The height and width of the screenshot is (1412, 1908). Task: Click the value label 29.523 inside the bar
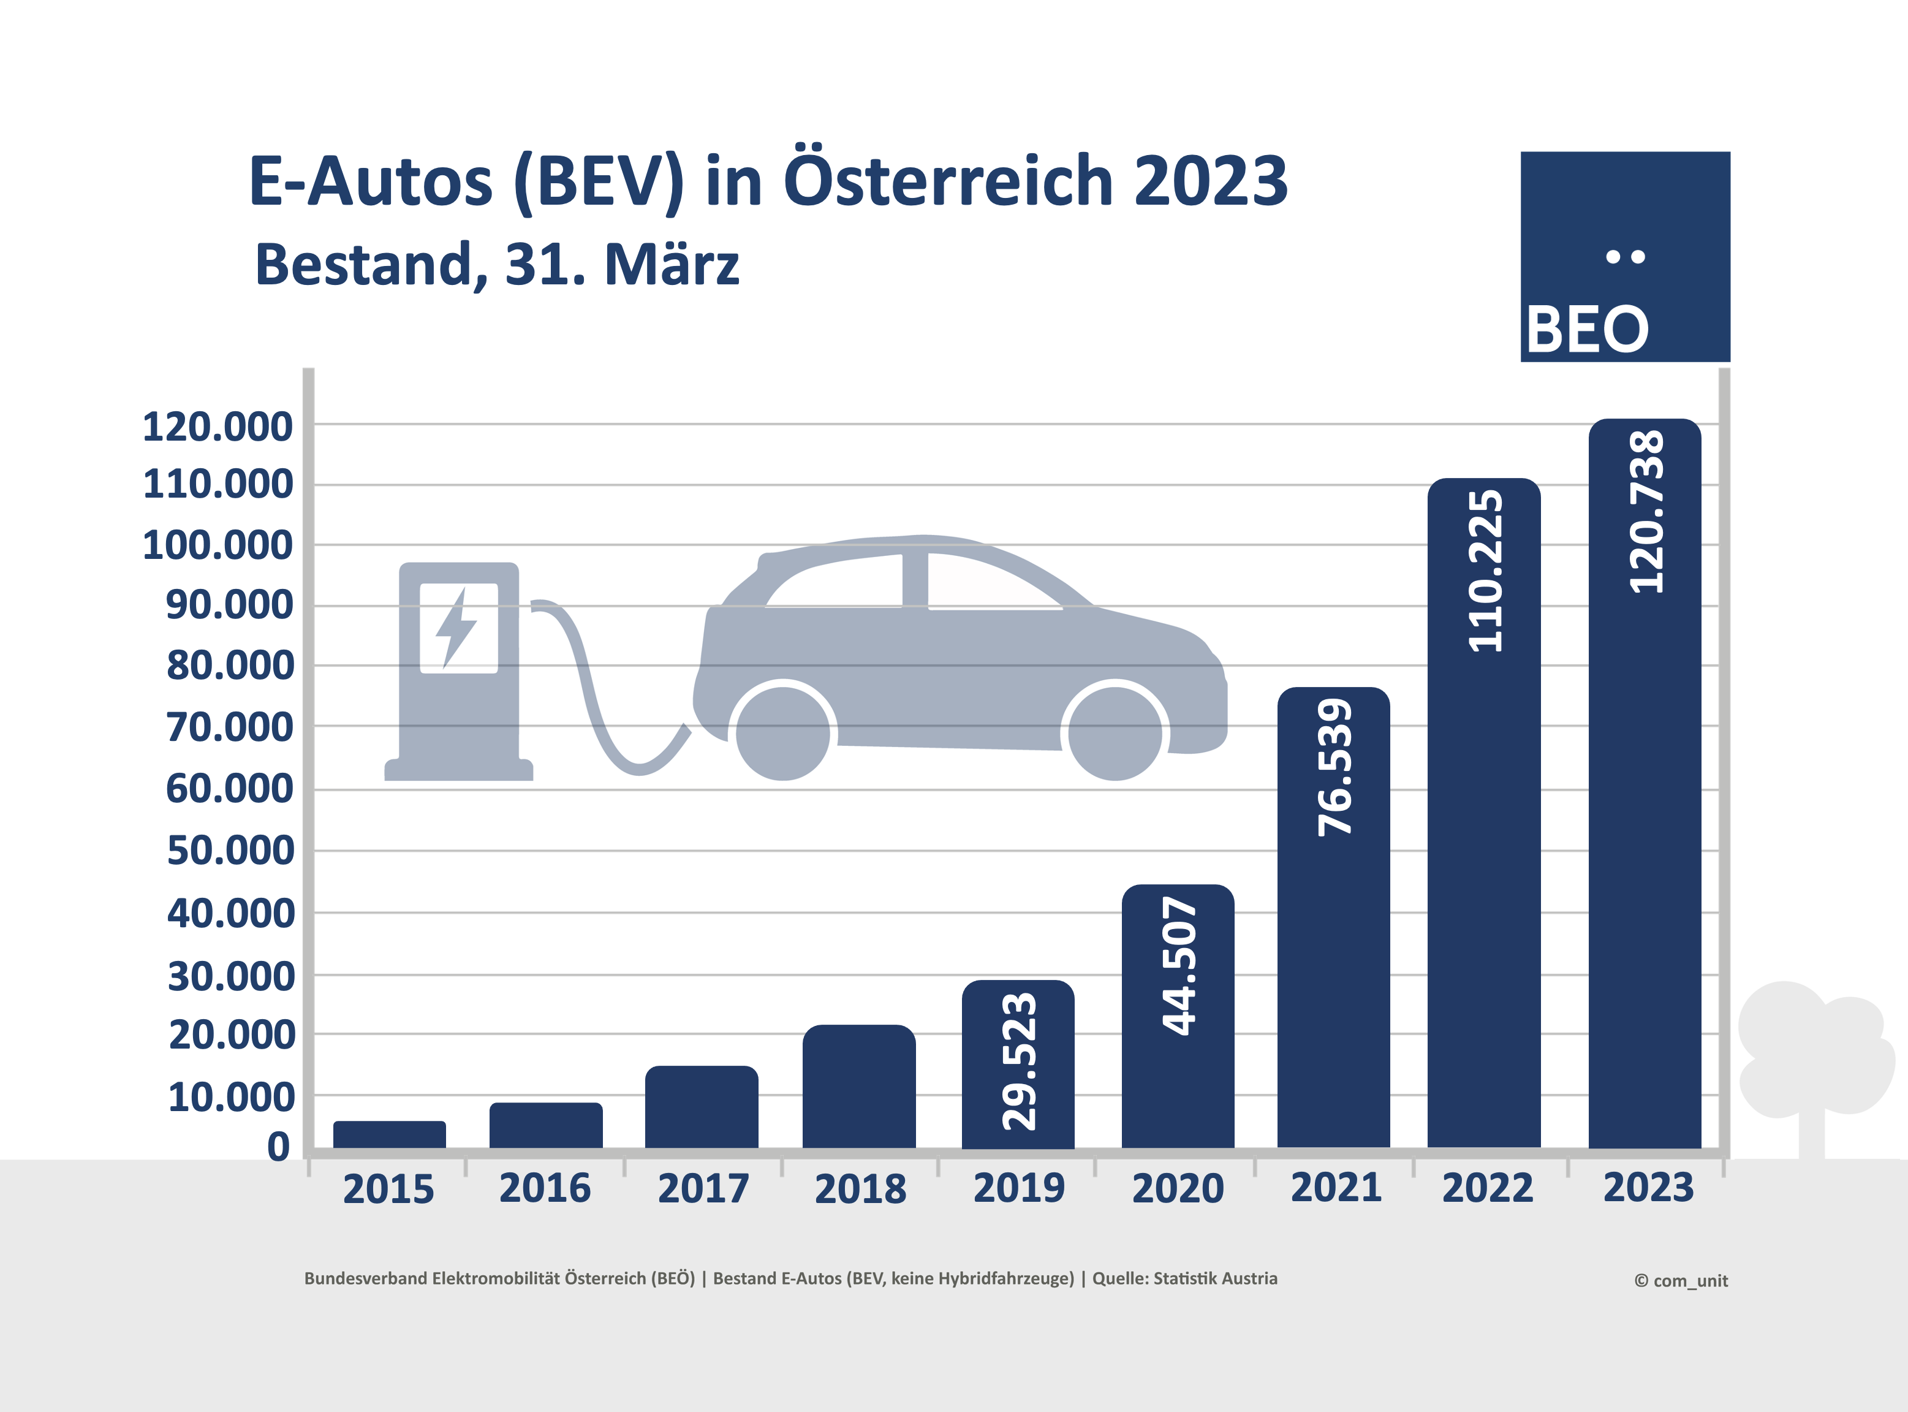1018,1061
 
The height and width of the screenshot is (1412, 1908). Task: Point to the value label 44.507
1179,966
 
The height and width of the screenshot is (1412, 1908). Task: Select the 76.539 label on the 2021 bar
1334,767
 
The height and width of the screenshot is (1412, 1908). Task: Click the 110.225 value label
1485,571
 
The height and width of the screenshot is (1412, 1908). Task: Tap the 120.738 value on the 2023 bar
1646,512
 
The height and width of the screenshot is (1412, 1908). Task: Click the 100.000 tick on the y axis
218,545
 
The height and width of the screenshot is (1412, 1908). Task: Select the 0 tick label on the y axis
279,1147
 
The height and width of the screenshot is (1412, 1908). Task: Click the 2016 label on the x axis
545,1188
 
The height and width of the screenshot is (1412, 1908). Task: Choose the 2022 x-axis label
1488,1188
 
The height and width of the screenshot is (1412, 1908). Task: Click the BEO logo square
1625,256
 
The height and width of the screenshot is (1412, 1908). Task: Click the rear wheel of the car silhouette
782,732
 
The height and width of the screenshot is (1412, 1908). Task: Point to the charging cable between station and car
598,701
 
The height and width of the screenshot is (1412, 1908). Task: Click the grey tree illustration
1811,1060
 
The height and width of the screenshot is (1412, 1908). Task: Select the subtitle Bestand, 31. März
498,264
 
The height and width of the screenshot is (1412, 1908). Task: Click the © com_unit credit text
1681,1280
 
